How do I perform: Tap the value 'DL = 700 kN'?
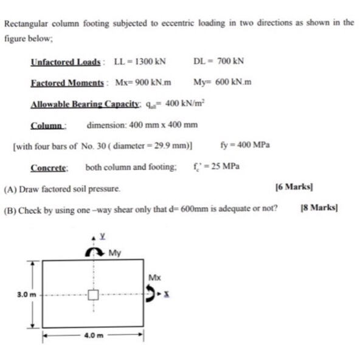coord(218,61)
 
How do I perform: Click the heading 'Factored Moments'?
coord(67,83)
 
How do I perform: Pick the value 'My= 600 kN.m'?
coord(222,83)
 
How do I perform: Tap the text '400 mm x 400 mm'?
coord(161,125)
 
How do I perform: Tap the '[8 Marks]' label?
coord(320,208)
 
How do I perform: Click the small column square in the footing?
coord(93,295)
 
